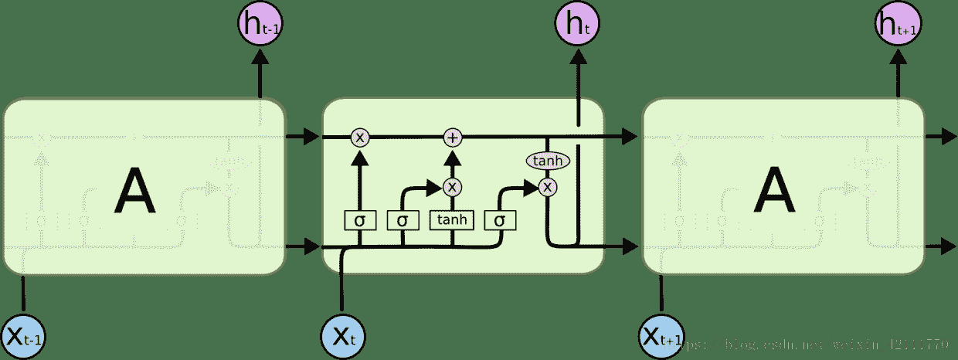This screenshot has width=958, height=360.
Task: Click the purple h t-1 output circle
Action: pos(260,25)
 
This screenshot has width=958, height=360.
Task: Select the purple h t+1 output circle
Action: pos(899,25)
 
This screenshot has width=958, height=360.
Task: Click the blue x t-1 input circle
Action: pos(24,335)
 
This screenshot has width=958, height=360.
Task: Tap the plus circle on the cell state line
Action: pos(453,138)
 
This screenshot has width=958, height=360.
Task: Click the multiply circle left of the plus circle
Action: pos(360,138)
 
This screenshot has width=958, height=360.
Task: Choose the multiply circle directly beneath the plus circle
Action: pos(453,186)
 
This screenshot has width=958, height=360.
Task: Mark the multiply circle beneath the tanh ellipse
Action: pos(548,186)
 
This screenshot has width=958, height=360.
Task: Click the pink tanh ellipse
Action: pos(548,161)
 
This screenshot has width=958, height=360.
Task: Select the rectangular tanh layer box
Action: pos(452,220)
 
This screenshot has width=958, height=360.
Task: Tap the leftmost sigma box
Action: pos(359,220)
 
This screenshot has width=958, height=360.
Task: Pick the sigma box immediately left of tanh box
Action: pos(403,220)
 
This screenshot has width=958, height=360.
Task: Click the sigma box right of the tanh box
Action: pos(500,220)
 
